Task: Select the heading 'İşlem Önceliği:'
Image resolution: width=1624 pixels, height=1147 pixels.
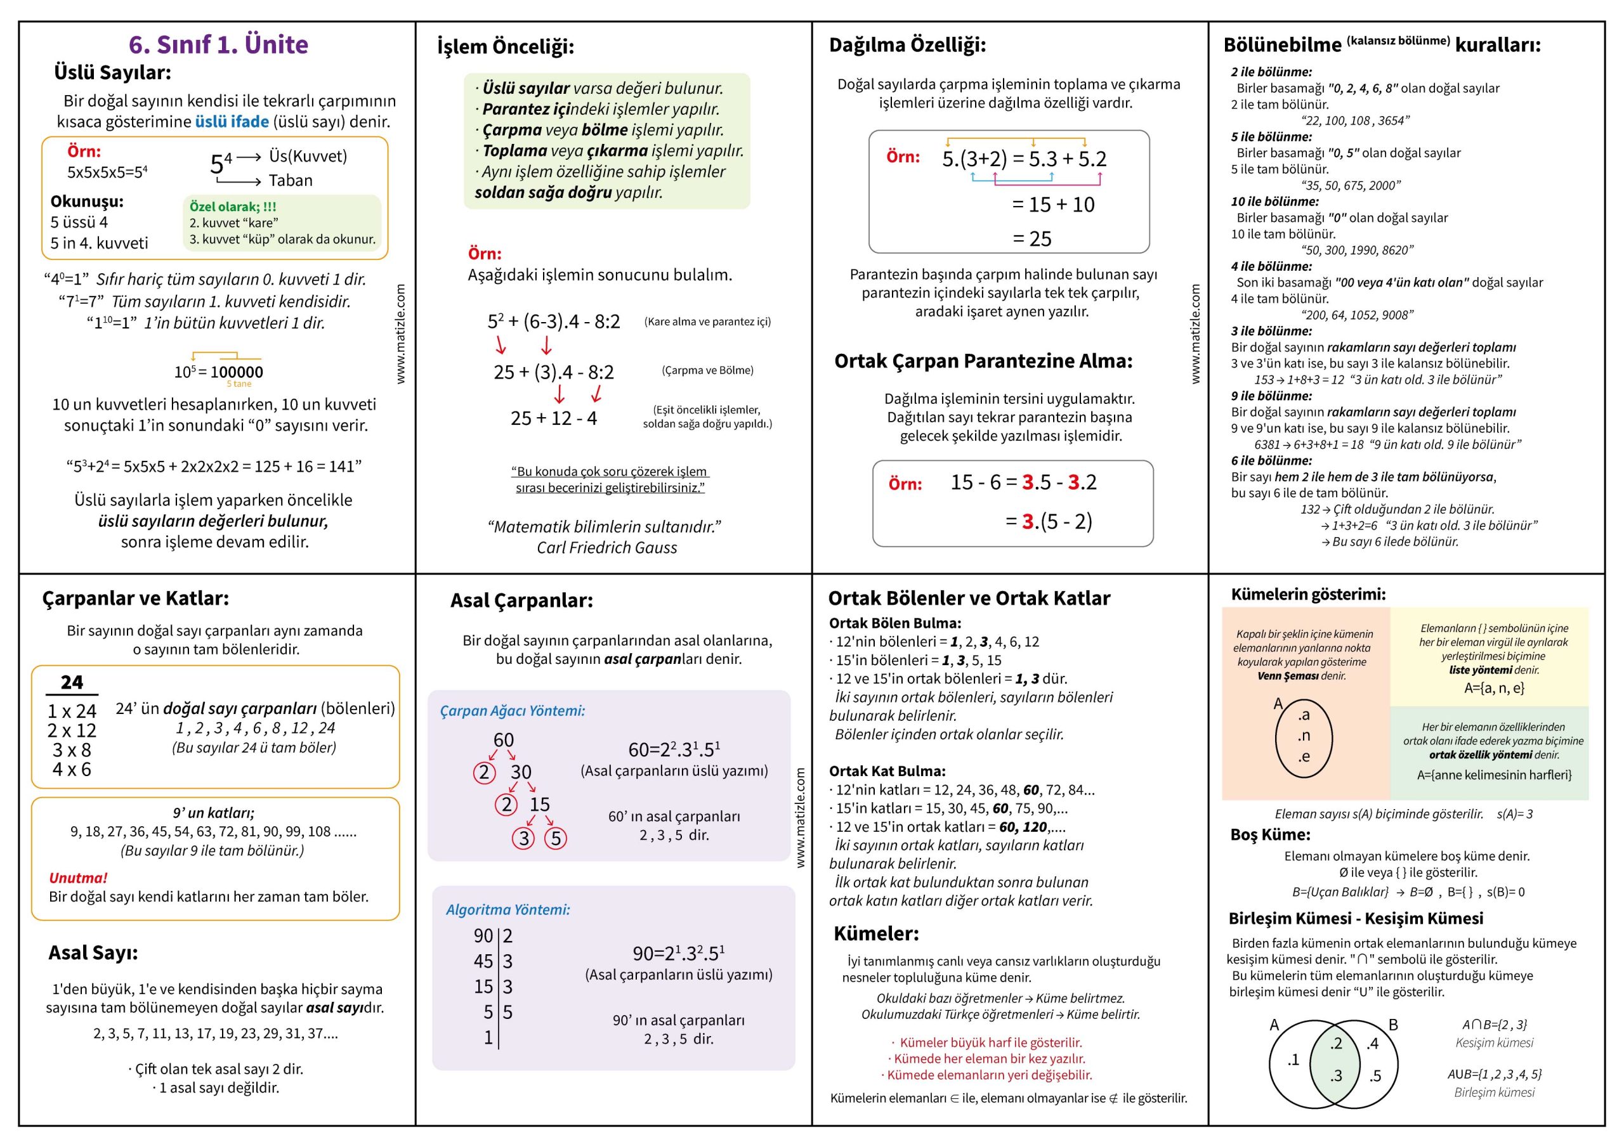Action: (505, 47)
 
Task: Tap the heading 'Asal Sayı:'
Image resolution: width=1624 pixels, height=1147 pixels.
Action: (93, 952)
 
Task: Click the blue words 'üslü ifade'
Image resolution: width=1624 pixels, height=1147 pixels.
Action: (232, 122)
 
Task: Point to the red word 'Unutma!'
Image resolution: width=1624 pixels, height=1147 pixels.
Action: (78, 878)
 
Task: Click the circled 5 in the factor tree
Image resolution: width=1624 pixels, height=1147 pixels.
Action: (556, 838)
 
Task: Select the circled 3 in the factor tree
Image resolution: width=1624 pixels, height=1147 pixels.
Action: (523, 838)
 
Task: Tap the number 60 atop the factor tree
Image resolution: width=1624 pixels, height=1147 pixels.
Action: (503, 740)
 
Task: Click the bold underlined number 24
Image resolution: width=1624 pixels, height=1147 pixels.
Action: (72, 682)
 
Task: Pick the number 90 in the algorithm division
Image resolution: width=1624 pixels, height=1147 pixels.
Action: (483, 936)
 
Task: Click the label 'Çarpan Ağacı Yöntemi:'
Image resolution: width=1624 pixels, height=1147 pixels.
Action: (512, 711)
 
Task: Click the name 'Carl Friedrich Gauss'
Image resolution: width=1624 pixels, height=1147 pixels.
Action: (606, 547)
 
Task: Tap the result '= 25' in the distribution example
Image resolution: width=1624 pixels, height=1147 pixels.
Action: (1032, 239)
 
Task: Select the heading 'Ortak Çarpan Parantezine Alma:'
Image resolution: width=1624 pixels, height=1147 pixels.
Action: (983, 361)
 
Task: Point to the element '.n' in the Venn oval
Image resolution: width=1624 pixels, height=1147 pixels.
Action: (1304, 736)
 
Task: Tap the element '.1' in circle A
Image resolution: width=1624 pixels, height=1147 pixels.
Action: (1292, 1060)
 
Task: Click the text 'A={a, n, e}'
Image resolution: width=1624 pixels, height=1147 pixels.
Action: (1494, 687)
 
